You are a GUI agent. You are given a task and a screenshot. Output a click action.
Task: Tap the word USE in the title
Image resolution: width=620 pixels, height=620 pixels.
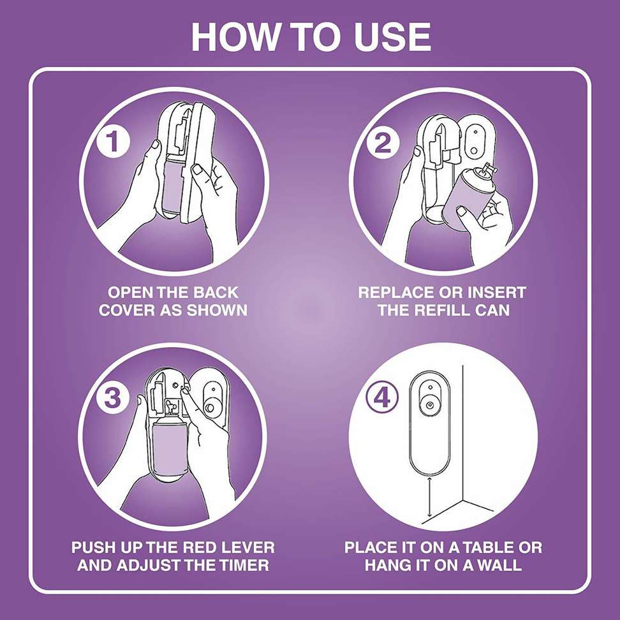(390, 38)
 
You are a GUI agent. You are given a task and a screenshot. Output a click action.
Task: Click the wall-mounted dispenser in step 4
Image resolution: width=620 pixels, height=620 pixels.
(429, 421)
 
